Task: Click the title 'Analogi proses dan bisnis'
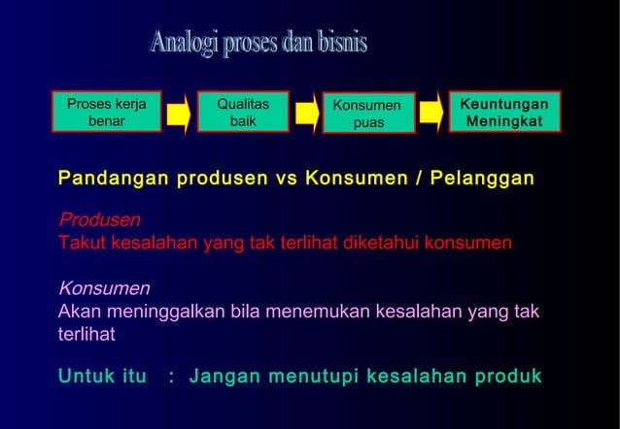[x=258, y=45]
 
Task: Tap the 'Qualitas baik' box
[x=243, y=113]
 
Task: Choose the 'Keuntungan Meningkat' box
[x=503, y=113]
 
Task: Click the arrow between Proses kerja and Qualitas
[x=177, y=114]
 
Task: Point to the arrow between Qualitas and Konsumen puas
[x=307, y=114]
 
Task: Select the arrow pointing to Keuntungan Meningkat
[x=432, y=114]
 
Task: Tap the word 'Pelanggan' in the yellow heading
[x=485, y=180]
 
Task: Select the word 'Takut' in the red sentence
[x=82, y=243]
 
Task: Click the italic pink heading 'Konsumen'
[x=104, y=288]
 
